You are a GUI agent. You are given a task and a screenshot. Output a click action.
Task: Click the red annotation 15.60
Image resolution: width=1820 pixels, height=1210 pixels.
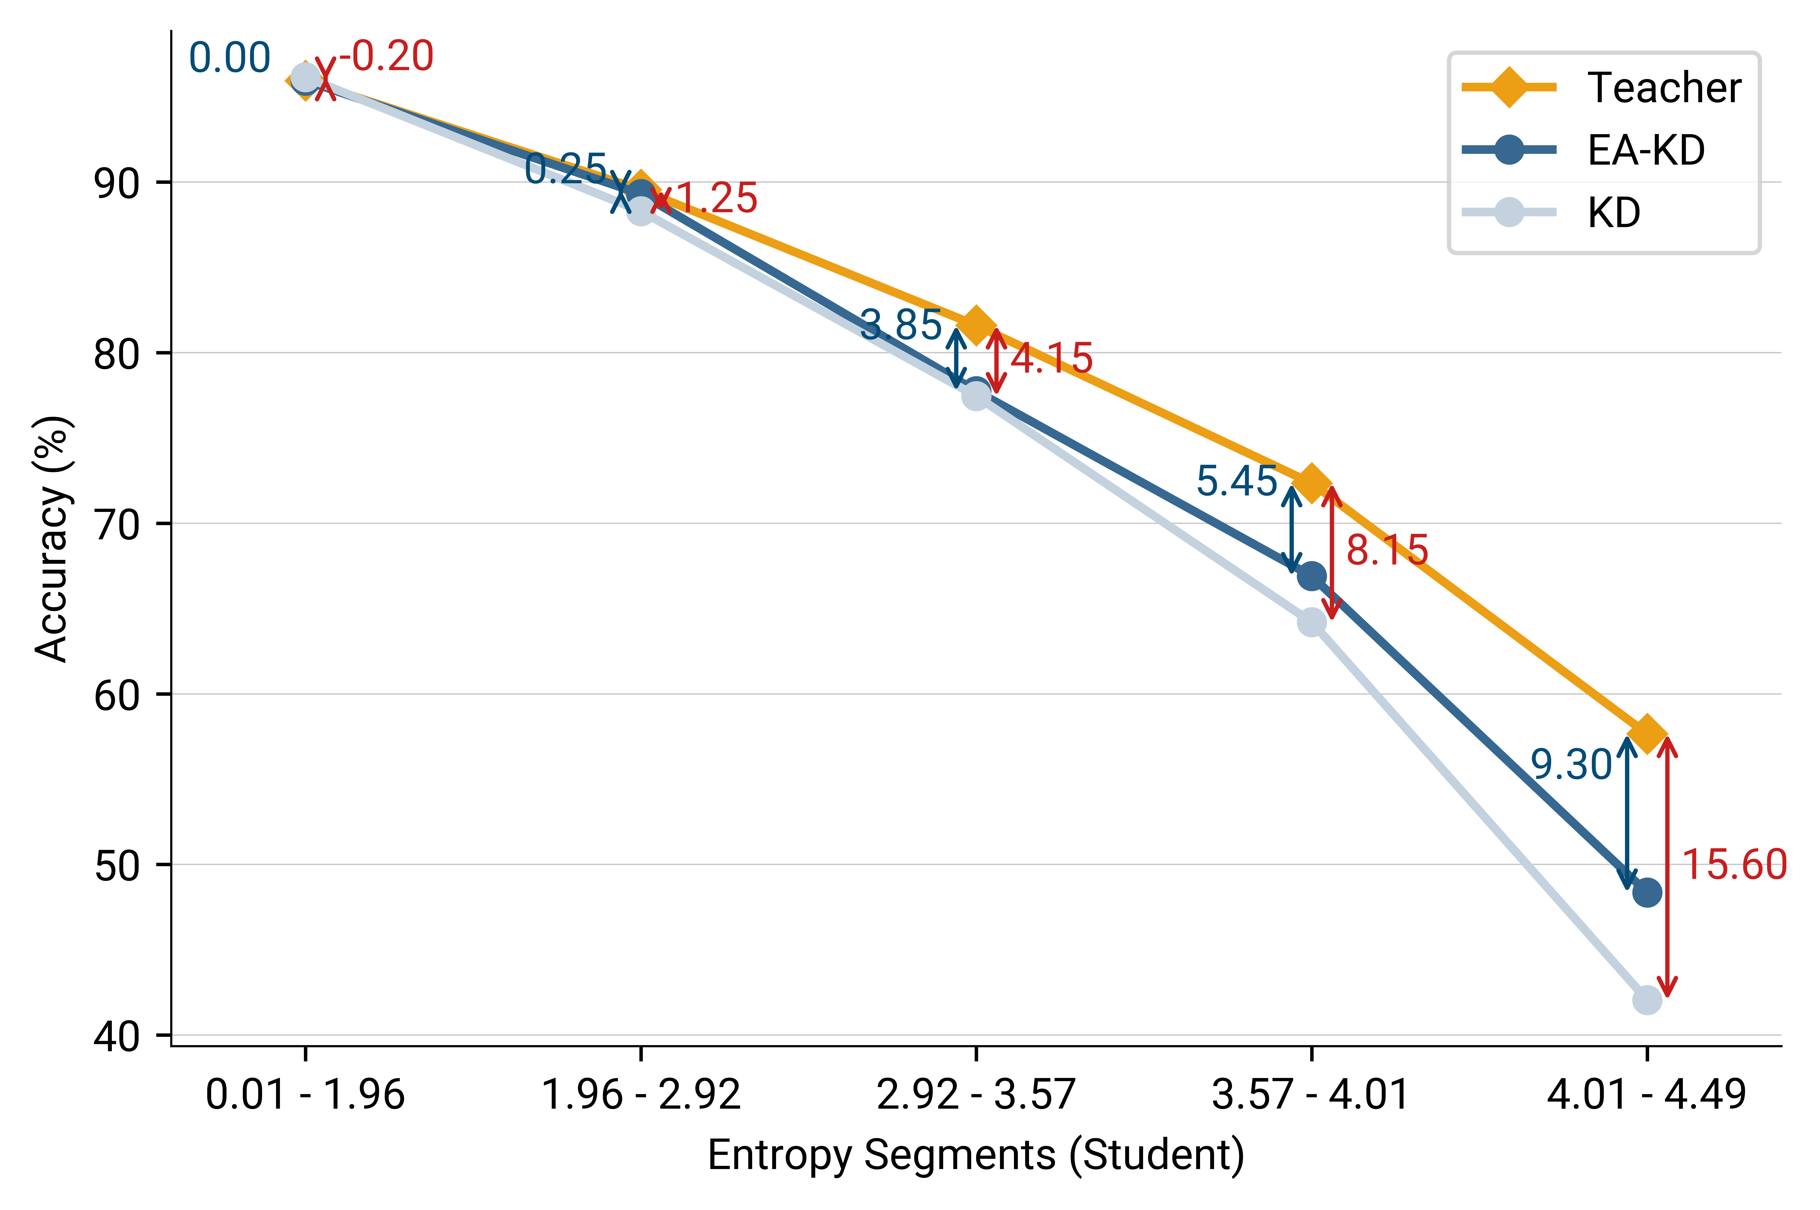pos(1734,864)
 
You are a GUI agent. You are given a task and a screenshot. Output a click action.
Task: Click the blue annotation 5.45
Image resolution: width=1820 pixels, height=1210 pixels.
pos(1237,481)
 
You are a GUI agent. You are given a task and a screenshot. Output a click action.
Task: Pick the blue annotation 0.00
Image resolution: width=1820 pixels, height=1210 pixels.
pos(229,58)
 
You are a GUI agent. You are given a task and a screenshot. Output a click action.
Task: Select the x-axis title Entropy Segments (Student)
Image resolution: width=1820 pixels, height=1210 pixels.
pos(976,1155)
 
